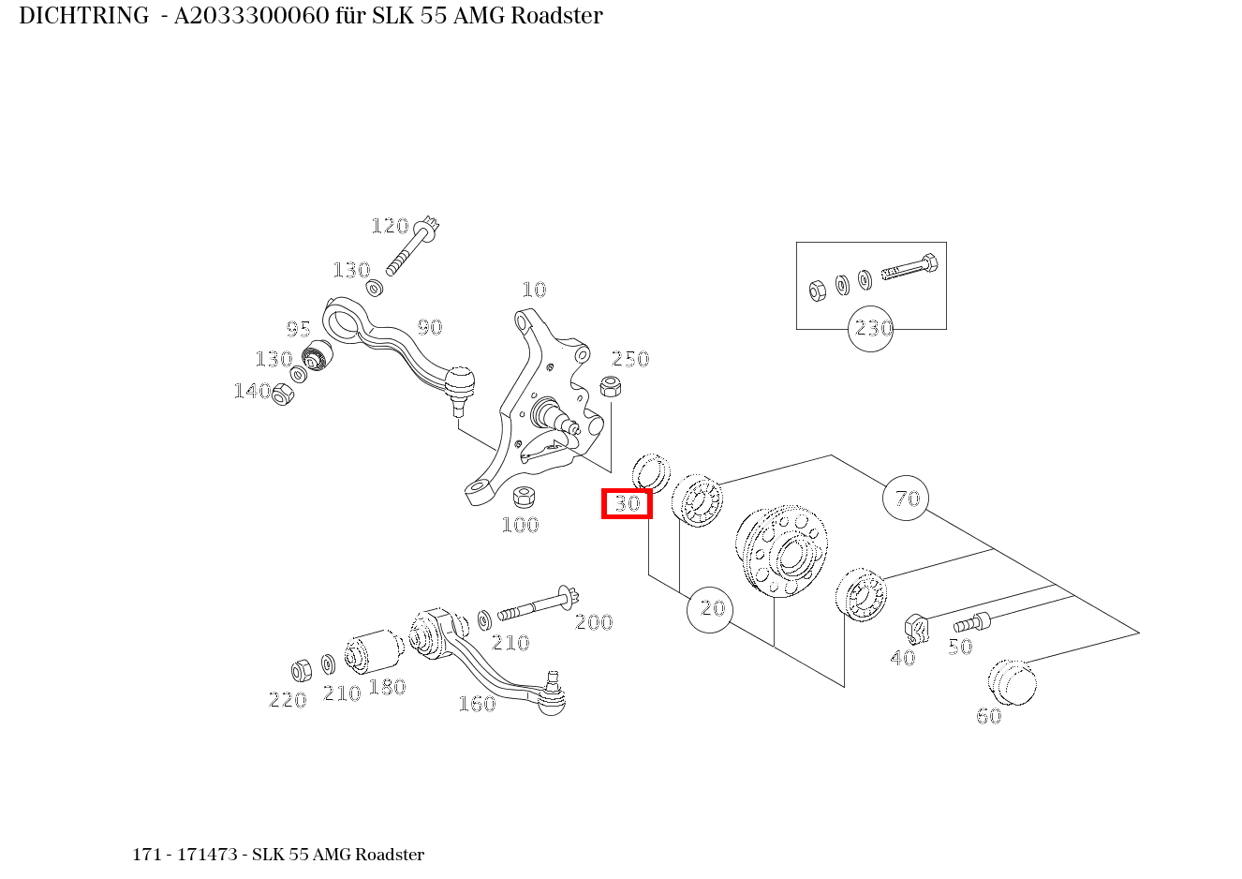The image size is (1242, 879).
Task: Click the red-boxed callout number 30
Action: pyautogui.click(x=627, y=503)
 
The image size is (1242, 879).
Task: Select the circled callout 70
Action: pyautogui.click(x=906, y=499)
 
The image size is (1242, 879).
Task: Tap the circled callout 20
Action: pyautogui.click(x=710, y=609)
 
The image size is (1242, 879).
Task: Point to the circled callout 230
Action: pyautogui.click(x=871, y=329)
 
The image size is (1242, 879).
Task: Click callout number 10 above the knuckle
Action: pyautogui.click(x=534, y=290)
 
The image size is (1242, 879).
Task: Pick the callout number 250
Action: pyautogui.click(x=630, y=359)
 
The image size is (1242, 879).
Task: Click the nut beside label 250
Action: pyautogui.click(x=610, y=384)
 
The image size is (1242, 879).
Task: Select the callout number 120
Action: pyautogui.click(x=390, y=226)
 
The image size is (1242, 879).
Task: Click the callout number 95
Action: pyautogui.click(x=298, y=329)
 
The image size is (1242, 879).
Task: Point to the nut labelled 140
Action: pyautogui.click(x=282, y=395)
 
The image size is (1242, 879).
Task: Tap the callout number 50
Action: pyautogui.click(x=960, y=647)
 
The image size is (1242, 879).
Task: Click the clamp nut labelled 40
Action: pyautogui.click(x=915, y=628)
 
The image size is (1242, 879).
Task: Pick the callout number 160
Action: pyautogui.click(x=476, y=704)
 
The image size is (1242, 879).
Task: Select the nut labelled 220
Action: pyautogui.click(x=302, y=671)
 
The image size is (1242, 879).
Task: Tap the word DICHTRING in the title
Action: pyautogui.click(x=83, y=16)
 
